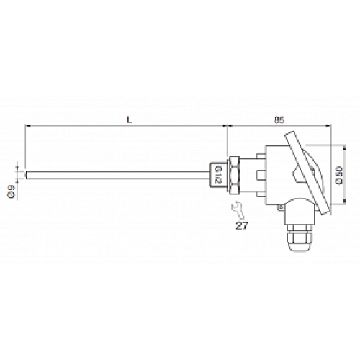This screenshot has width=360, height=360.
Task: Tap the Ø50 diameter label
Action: coord(339,175)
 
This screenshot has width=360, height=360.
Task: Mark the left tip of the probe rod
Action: coord(27,174)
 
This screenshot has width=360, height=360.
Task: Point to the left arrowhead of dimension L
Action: coord(28,127)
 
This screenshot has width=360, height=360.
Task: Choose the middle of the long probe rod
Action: coord(119,174)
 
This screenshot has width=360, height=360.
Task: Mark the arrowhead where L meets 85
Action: coord(228,127)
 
